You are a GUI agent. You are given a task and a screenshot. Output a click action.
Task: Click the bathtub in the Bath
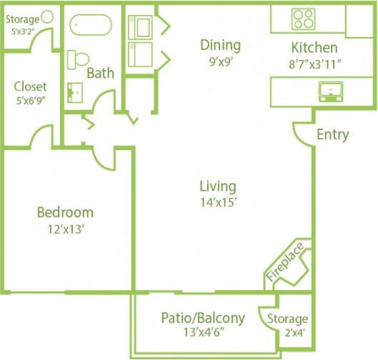coord(91,25)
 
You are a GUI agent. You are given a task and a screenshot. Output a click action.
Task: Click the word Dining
coord(220,45)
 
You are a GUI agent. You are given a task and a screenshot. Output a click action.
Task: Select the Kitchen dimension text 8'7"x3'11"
coord(314,62)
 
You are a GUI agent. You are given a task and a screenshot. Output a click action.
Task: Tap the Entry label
coord(332,134)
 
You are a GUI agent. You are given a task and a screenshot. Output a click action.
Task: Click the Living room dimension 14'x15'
coord(218,201)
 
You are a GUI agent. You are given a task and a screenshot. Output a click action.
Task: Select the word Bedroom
coord(65,212)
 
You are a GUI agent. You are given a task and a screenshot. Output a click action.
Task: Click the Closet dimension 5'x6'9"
coord(31,101)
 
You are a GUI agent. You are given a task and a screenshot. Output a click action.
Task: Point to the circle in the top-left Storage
coord(47,16)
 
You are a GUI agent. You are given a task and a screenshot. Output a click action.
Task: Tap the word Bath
coord(101,73)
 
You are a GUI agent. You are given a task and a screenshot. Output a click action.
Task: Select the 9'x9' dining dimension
coord(220,61)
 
